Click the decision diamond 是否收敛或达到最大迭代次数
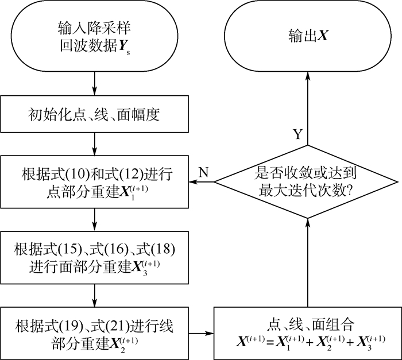(308, 181)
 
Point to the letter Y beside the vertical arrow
(297, 136)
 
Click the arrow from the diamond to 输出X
(308, 109)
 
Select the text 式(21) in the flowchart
(109, 326)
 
